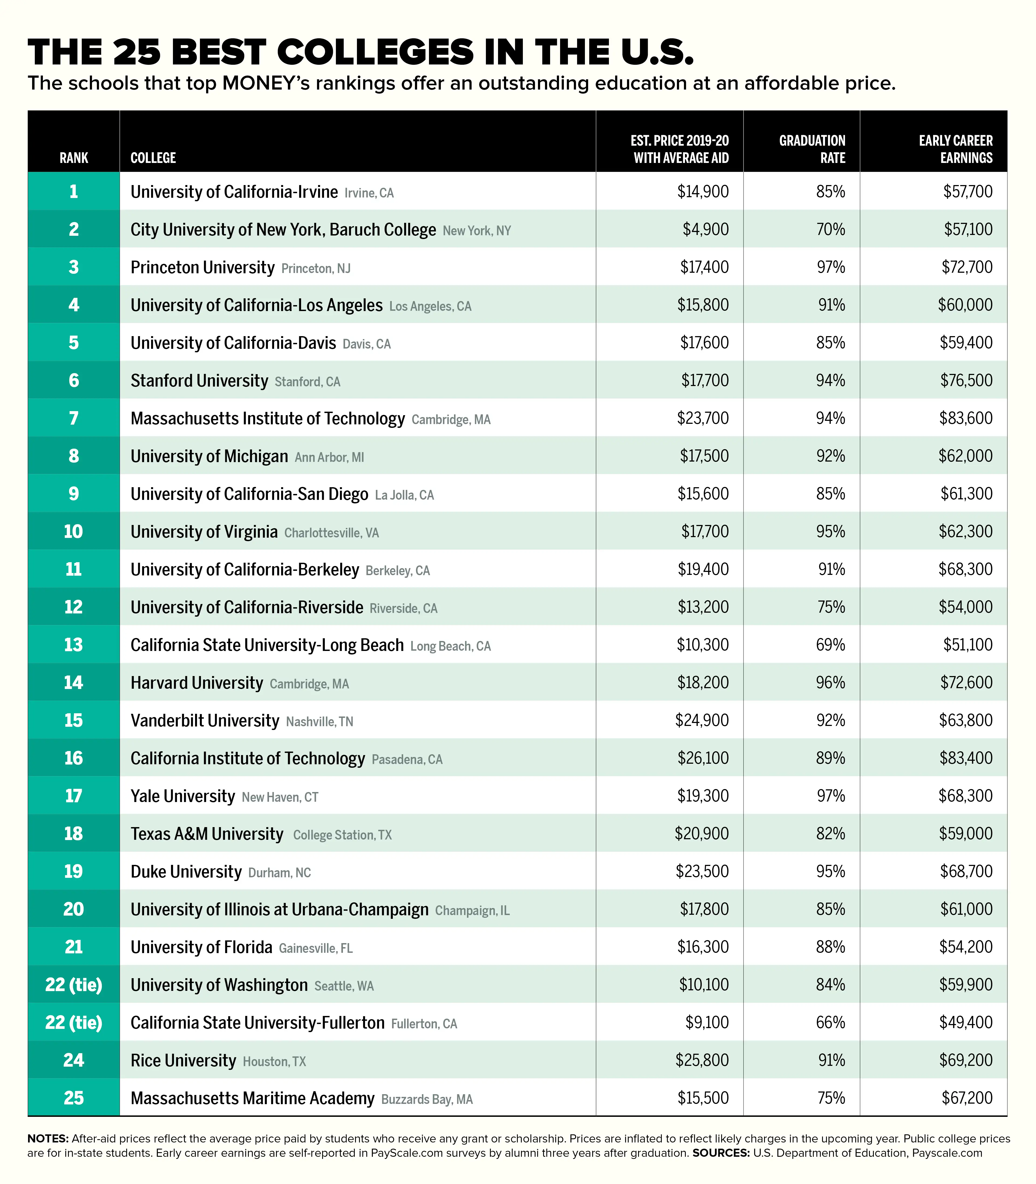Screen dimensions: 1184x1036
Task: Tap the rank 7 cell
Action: (73, 418)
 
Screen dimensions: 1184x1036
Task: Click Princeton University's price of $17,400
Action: (704, 267)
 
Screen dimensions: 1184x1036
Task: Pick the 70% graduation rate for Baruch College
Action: (831, 230)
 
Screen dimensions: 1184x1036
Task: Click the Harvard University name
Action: (197, 683)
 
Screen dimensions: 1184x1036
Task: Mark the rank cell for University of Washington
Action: (73, 985)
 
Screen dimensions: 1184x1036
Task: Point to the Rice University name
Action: (183, 1060)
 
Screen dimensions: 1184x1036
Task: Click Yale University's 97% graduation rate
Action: (831, 796)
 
